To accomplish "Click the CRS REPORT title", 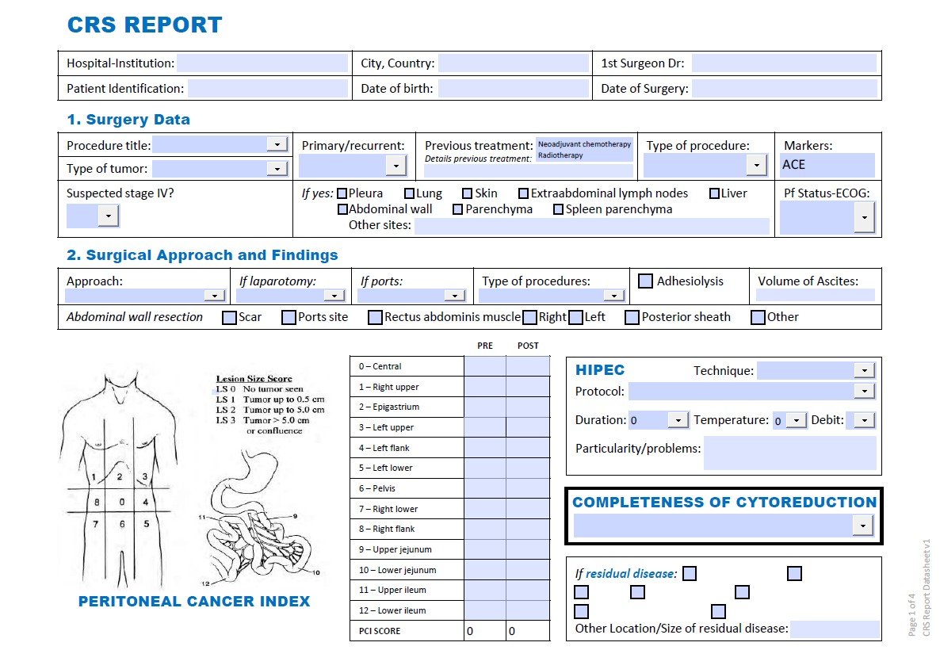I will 144,25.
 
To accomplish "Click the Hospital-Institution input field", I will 262,63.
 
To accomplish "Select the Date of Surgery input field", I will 784,88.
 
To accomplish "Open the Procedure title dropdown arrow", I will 277,144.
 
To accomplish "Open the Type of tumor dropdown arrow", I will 277,168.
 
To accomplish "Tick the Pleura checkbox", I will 342,193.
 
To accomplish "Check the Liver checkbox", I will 714,193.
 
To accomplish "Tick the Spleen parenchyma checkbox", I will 559,209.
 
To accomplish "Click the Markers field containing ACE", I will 827,165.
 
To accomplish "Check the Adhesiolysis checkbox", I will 646,281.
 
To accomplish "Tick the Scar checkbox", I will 230,318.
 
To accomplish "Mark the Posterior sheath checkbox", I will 632,318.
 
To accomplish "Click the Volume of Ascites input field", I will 815,295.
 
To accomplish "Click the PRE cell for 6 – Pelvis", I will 485,488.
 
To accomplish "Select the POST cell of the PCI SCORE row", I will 528,631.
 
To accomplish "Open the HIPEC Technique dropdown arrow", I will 865,370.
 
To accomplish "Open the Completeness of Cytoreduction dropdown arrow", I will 862,525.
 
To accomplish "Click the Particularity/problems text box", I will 790,453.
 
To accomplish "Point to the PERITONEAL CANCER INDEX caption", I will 194,602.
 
